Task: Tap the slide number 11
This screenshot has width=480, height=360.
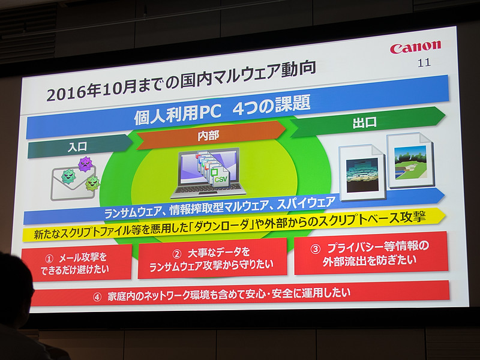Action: (424, 62)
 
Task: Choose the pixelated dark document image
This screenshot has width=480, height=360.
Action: (362, 173)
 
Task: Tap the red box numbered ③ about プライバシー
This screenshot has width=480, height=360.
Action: (370, 253)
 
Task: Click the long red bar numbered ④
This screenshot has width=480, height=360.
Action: (240, 293)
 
